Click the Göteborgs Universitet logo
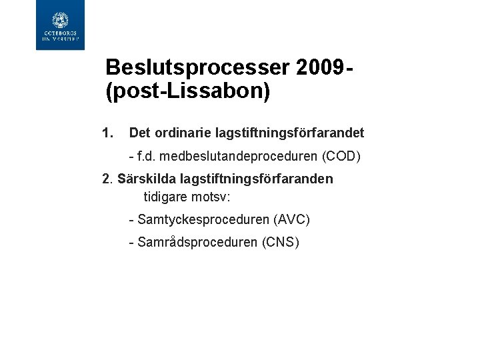(60, 25)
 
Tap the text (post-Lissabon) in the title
(188, 91)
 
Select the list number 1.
(108, 133)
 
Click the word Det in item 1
(139, 133)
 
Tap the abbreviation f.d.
(147, 157)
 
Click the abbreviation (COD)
(341, 157)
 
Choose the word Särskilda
(147, 179)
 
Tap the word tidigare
(167, 197)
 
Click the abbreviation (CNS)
(281, 242)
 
